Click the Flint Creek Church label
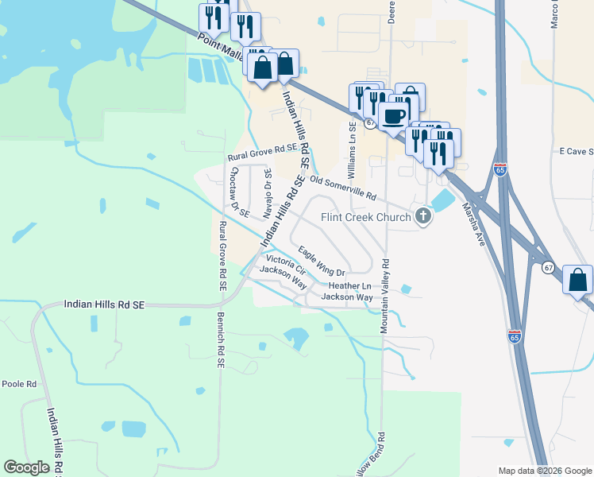(x=365, y=217)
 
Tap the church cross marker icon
(x=424, y=215)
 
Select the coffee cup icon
(x=393, y=117)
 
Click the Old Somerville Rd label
(x=342, y=188)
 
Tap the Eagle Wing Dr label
(x=322, y=262)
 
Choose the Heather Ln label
(x=349, y=285)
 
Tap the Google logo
(x=26, y=467)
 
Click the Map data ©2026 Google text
(x=544, y=470)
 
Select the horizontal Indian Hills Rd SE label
(x=104, y=304)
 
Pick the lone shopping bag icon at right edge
(x=577, y=280)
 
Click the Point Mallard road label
(x=222, y=46)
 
